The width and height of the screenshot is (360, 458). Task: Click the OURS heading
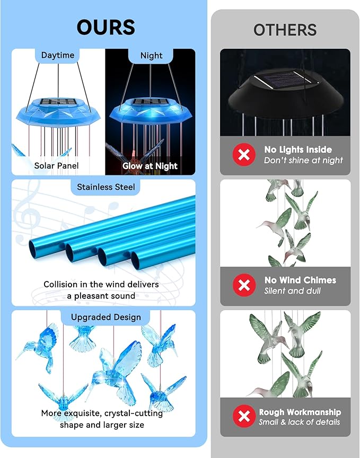tap(106, 27)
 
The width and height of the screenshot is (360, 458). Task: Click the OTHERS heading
tap(285, 30)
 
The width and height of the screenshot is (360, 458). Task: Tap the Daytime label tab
tap(58, 55)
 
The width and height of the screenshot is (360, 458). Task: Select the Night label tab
tap(151, 55)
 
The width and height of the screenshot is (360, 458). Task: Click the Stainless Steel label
tap(106, 187)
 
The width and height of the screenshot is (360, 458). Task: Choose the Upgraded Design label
tap(106, 317)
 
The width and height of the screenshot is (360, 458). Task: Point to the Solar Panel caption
tap(56, 165)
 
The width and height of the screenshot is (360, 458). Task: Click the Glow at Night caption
tap(150, 165)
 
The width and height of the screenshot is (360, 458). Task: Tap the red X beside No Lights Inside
tap(244, 155)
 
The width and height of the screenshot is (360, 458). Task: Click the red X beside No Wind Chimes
tap(244, 285)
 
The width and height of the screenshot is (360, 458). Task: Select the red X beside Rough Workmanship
tap(244, 417)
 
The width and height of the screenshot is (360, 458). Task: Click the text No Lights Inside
tap(298, 149)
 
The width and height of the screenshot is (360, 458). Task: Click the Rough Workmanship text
tap(300, 412)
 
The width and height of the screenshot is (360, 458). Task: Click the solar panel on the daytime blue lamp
tap(58, 101)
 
